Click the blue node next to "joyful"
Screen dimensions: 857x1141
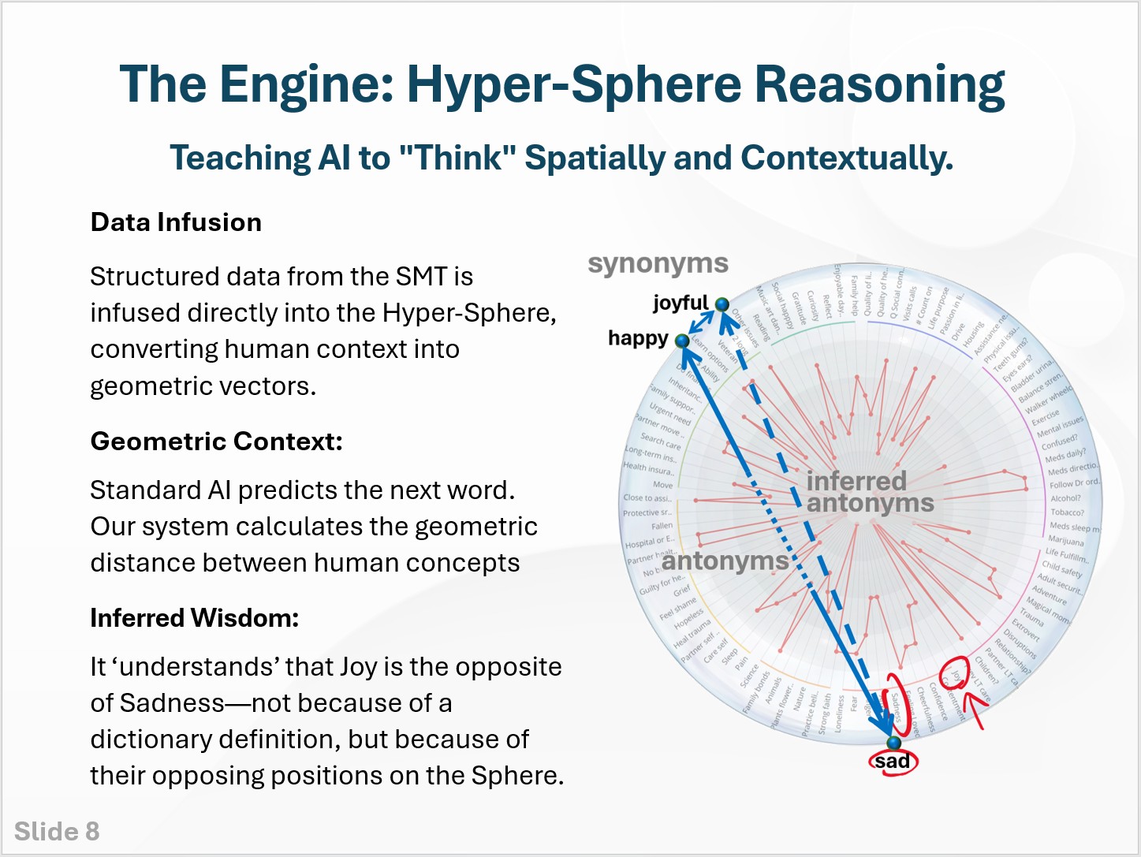(722, 304)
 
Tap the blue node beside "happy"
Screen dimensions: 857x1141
(682, 341)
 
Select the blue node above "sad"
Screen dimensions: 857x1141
(893, 743)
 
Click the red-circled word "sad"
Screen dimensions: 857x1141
(893, 762)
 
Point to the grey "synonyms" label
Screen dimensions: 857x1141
(658, 263)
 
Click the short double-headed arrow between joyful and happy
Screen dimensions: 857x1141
(703, 322)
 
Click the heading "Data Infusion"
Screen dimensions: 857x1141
(176, 222)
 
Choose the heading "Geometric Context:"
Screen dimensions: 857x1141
(216, 442)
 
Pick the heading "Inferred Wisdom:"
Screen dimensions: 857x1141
(194, 618)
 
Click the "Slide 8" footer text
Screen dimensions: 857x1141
(57, 832)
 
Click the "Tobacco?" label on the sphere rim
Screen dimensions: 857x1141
(1068, 512)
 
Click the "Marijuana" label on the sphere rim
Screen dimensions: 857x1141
(1066, 541)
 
